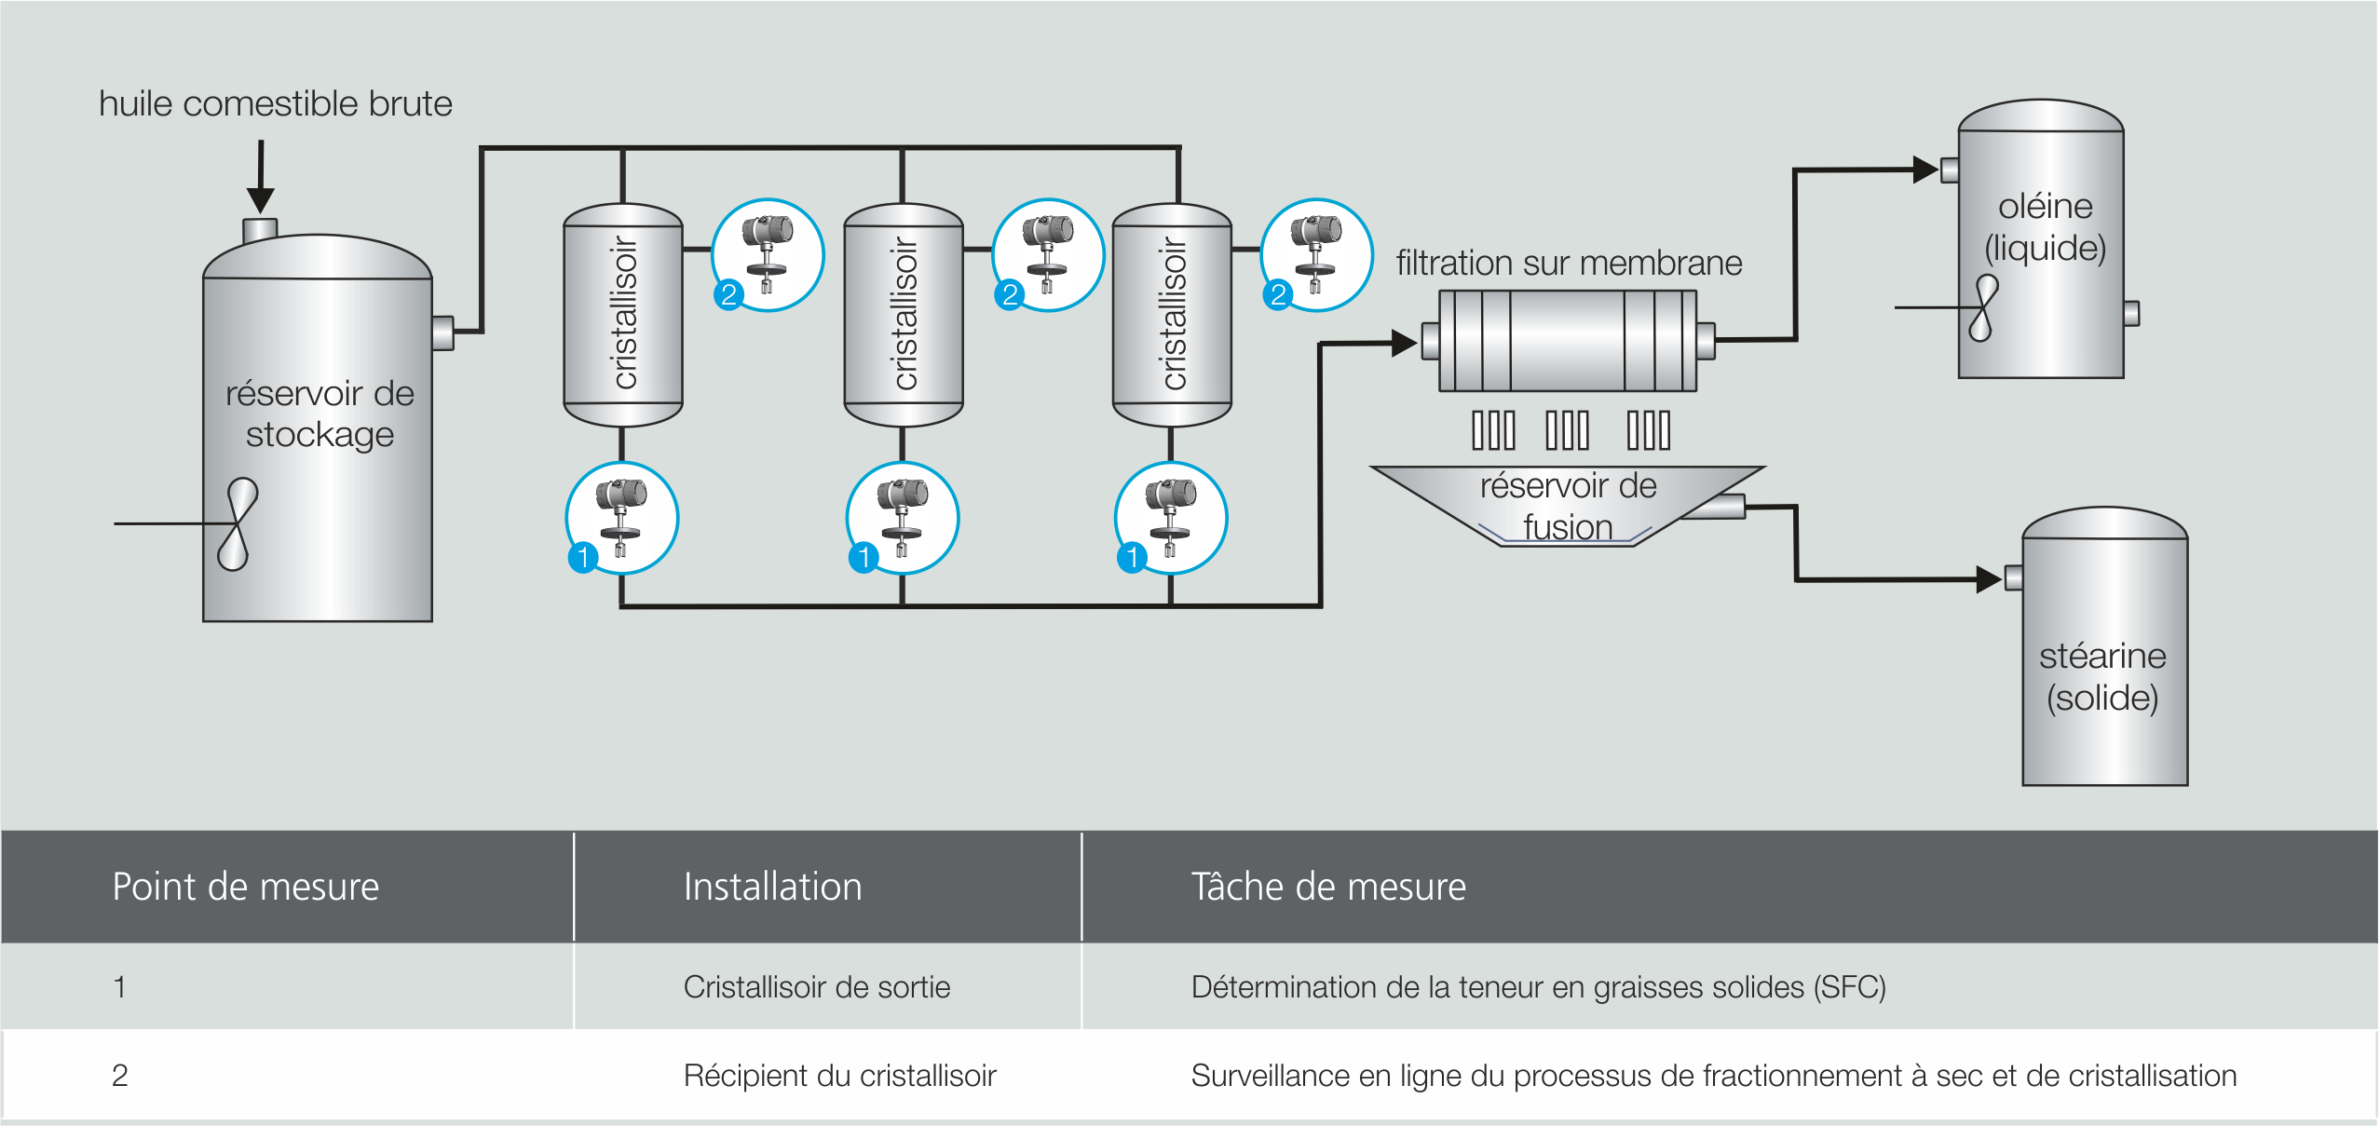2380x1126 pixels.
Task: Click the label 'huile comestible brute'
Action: pos(275,103)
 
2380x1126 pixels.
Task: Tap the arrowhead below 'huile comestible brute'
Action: pos(261,198)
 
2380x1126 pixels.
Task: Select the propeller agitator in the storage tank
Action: pos(237,523)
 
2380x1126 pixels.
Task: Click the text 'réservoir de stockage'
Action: pos(320,414)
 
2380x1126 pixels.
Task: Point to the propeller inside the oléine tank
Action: pos(1982,307)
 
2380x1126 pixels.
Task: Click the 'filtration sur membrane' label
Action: pos(1569,263)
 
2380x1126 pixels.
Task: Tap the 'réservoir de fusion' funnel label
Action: pos(1568,506)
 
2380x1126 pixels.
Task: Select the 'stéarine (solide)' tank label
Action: pos(2102,676)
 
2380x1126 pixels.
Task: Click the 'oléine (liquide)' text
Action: pos(2045,226)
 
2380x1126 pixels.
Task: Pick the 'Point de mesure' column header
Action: pos(246,887)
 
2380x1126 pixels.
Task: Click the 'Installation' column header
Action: pos(772,887)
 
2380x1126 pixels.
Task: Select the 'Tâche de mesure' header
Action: pos(1328,887)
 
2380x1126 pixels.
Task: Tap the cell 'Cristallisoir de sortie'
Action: pos(817,987)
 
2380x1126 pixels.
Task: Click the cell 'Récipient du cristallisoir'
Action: pos(839,1076)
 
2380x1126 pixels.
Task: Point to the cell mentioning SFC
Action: pos(1538,987)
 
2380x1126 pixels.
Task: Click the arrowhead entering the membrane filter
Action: pos(1403,343)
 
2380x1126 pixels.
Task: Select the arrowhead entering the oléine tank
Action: pos(1924,170)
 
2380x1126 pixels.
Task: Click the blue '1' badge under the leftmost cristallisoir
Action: pos(583,557)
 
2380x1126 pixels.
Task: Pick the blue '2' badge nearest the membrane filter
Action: pos(1278,295)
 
